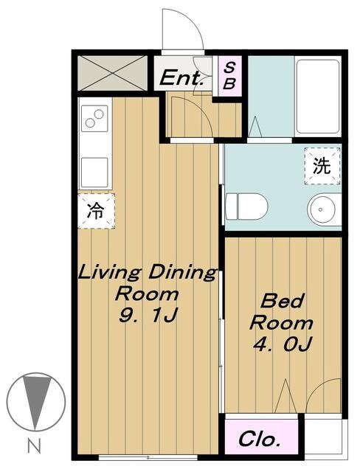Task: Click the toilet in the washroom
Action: coord(246,206)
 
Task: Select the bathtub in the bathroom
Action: coord(317,97)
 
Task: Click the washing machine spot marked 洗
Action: coord(322,166)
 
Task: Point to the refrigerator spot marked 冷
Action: coord(96,211)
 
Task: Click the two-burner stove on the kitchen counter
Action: coord(94,118)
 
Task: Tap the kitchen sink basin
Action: coord(94,173)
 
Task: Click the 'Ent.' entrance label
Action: coord(181,78)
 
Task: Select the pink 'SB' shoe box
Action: coord(229,76)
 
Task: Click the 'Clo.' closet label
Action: coord(260,440)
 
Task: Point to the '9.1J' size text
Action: coord(148,315)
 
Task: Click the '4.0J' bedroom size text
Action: coord(282,344)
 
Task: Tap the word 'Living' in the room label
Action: coord(110,272)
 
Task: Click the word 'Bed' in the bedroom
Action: coord(282,300)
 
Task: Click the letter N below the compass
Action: coord(34,445)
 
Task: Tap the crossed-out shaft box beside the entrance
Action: coord(112,73)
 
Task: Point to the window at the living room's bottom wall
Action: coord(148,457)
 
